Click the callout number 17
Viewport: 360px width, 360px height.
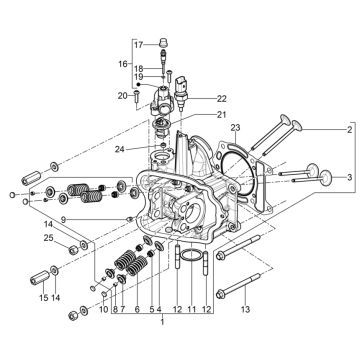(139, 44)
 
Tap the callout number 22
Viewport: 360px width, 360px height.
(222, 99)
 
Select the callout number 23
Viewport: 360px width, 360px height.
(236, 128)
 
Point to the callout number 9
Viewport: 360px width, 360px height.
(63, 219)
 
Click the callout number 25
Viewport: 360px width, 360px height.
(48, 238)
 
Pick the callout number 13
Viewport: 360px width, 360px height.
(245, 310)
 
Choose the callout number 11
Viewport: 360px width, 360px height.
(191, 310)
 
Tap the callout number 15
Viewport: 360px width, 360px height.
(44, 298)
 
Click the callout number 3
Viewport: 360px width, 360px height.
(349, 177)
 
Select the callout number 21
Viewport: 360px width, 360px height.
(222, 115)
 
